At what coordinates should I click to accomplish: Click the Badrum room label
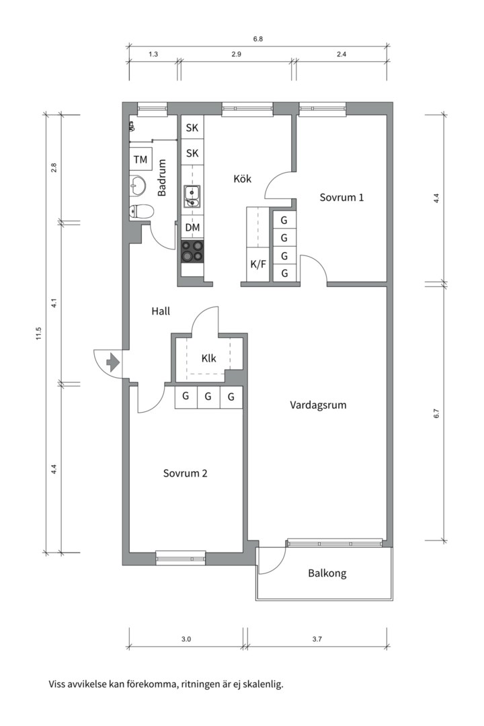pos(161,177)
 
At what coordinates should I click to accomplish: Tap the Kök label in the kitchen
pos(242,178)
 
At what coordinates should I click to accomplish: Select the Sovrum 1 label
pos(341,197)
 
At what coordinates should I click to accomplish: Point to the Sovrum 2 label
pos(185,473)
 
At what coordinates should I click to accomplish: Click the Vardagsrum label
pos(318,405)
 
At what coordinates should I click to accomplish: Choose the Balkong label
pos(327,573)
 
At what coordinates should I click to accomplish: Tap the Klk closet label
pos(209,358)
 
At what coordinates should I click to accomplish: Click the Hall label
pos(161,311)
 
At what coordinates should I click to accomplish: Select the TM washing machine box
pos(140,160)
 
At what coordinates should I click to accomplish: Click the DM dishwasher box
pos(192,227)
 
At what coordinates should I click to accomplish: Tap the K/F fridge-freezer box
pos(258,264)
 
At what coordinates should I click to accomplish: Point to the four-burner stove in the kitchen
pos(192,251)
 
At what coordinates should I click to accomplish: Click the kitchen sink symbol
pos(192,196)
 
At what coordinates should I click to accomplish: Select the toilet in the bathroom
pos(141,212)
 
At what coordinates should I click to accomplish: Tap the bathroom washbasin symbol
pos(138,186)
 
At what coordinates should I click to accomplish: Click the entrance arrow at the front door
pos(112,362)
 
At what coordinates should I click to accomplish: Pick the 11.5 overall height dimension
pos(39,333)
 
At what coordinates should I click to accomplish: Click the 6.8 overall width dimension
pos(258,39)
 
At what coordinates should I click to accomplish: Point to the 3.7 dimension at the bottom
pos(317,639)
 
